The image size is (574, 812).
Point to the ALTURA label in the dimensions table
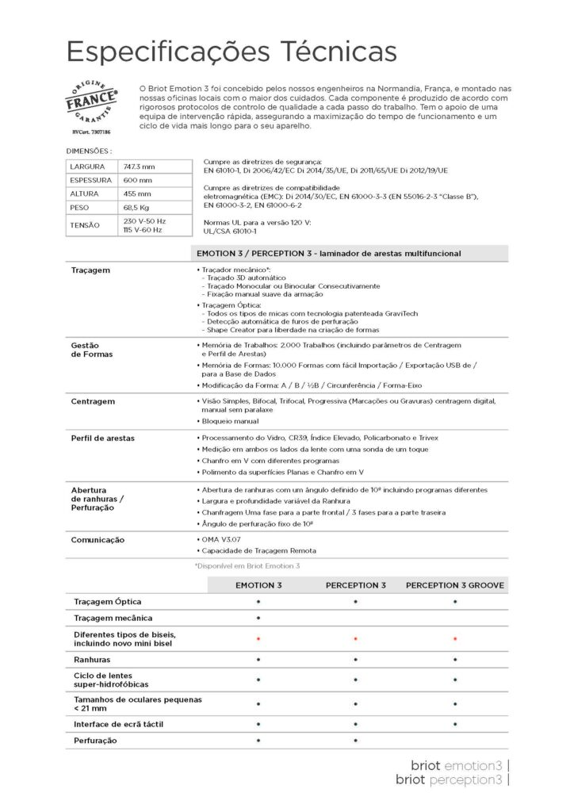(x=84, y=193)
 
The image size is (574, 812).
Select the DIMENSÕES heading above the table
(x=89, y=150)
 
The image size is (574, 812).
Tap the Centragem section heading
(x=93, y=401)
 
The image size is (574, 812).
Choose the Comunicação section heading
(x=98, y=539)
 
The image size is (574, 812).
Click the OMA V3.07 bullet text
(x=219, y=539)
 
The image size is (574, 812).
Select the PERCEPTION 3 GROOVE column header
(x=454, y=585)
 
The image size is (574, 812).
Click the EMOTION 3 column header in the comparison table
(x=258, y=585)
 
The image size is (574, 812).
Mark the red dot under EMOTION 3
(x=258, y=638)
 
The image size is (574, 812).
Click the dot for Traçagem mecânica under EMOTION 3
(x=258, y=618)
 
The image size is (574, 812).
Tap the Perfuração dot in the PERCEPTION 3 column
(x=355, y=741)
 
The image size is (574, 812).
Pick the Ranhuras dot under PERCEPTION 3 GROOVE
(x=454, y=660)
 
